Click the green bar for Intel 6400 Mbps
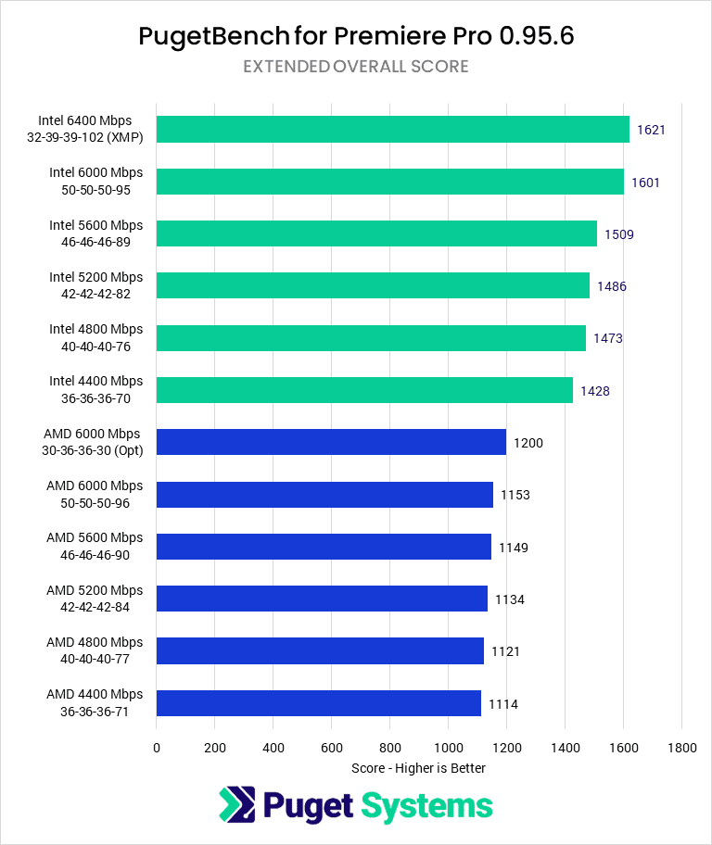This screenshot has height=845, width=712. (393, 129)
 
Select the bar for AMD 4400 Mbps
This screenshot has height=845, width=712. (318, 703)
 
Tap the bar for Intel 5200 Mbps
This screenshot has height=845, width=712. (373, 285)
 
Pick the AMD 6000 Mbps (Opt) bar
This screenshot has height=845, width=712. (331, 442)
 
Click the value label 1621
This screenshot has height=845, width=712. (651, 130)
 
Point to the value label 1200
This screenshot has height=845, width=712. (528, 443)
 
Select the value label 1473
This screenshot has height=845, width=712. (607, 338)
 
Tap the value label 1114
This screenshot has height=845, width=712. (502, 704)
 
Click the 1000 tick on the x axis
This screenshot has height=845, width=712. (448, 747)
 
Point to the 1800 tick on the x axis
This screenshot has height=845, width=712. (681, 747)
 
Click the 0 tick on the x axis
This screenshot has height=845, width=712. (157, 747)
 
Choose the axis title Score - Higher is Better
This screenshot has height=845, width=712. (418, 768)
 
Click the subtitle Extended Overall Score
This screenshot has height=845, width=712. (356, 67)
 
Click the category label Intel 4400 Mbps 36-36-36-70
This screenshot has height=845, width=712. (96, 389)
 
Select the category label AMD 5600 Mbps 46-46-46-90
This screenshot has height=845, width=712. (95, 546)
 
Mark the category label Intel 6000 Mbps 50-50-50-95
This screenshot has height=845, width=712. (96, 181)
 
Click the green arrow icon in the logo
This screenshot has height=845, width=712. (237, 805)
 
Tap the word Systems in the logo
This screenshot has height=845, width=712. (426, 805)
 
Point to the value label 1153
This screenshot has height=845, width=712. (515, 495)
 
